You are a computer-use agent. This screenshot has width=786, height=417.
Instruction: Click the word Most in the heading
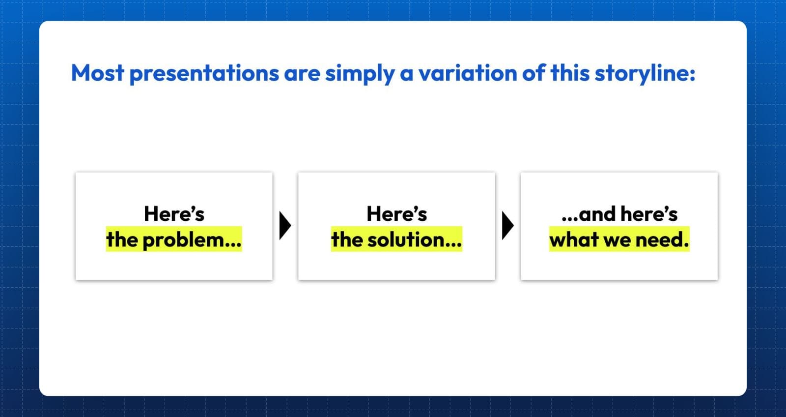click(x=98, y=73)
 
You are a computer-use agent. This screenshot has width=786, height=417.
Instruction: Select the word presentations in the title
click(x=204, y=74)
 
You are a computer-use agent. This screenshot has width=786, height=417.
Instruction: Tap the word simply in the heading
click(x=360, y=74)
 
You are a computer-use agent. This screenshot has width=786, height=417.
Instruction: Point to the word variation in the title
click(x=467, y=73)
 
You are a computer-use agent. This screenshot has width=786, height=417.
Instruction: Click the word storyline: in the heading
click(x=645, y=74)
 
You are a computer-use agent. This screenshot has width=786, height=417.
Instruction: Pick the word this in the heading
click(x=570, y=73)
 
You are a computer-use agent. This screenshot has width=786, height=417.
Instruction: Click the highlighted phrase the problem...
click(x=174, y=239)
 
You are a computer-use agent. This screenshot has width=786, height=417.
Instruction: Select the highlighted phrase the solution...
click(x=396, y=239)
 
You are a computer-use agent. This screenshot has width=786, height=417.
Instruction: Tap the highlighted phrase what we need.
click(x=619, y=239)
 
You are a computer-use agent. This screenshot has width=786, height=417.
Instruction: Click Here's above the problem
click(x=174, y=214)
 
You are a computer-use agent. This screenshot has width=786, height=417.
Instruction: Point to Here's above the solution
click(x=397, y=214)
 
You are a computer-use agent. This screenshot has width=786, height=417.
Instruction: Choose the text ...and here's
click(x=619, y=214)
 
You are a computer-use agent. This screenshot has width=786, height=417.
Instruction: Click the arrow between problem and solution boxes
click(x=284, y=226)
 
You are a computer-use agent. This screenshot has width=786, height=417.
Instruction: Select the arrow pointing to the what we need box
click(x=507, y=226)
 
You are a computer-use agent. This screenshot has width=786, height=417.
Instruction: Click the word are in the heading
click(x=302, y=74)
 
